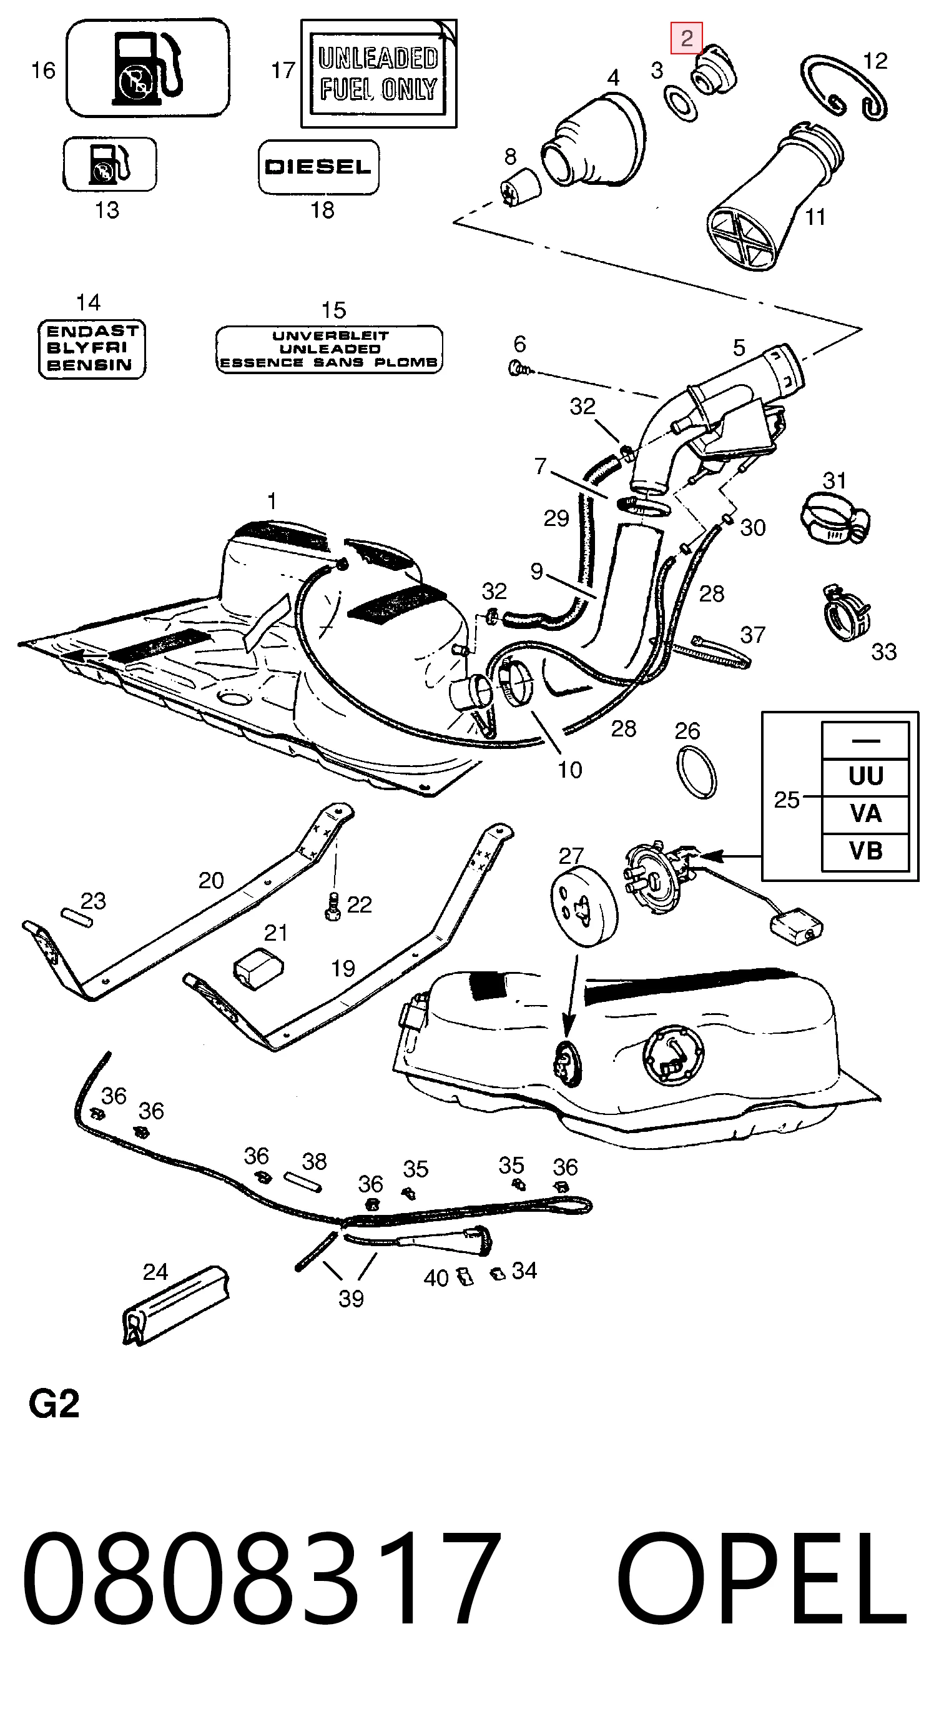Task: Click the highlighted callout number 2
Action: tap(687, 38)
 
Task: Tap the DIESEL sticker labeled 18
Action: tap(318, 167)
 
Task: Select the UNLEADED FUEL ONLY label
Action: tap(378, 73)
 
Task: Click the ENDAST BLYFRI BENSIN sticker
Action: tap(92, 349)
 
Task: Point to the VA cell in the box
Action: tap(865, 814)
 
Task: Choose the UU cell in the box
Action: tap(865, 777)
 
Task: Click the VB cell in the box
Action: tap(865, 851)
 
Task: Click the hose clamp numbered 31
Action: tap(835, 517)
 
